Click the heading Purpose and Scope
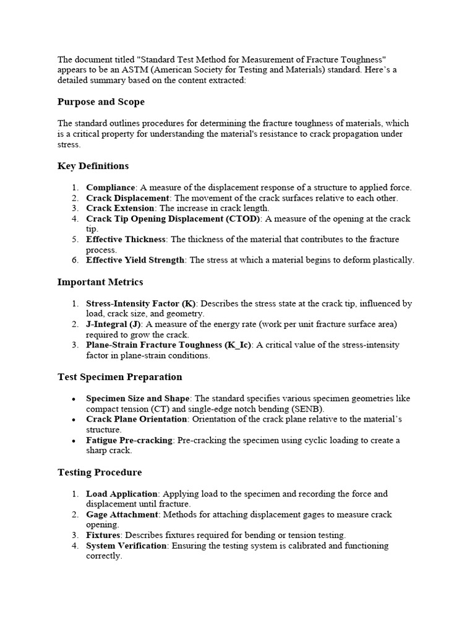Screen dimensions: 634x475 (101, 102)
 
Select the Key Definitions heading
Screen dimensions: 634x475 (93, 166)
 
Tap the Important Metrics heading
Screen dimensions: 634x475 (100, 282)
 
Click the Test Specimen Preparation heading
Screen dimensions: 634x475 (119, 377)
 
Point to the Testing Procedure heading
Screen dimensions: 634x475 (100, 472)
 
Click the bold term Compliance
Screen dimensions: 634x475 (111, 188)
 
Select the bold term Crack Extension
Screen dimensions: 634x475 (121, 208)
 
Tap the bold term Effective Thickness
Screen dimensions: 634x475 (126, 239)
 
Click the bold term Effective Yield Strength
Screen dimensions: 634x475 (135, 260)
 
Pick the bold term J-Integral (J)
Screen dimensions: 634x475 (114, 324)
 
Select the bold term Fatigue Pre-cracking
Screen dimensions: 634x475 (129, 440)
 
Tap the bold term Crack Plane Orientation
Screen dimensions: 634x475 (136, 419)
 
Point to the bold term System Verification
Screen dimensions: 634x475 (126, 545)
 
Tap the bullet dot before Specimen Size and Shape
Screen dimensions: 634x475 (74, 399)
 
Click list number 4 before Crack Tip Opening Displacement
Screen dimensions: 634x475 (74, 219)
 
